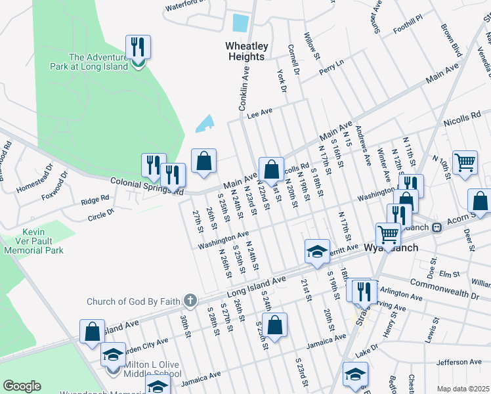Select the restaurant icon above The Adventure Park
click(x=137, y=47)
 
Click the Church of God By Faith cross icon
click(x=190, y=301)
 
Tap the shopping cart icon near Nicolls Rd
click(x=465, y=162)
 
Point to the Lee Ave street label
click(x=259, y=114)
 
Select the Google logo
click(x=22, y=386)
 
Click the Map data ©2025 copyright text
click(x=463, y=389)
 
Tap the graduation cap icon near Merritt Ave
click(x=317, y=251)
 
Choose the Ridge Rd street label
click(x=95, y=199)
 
